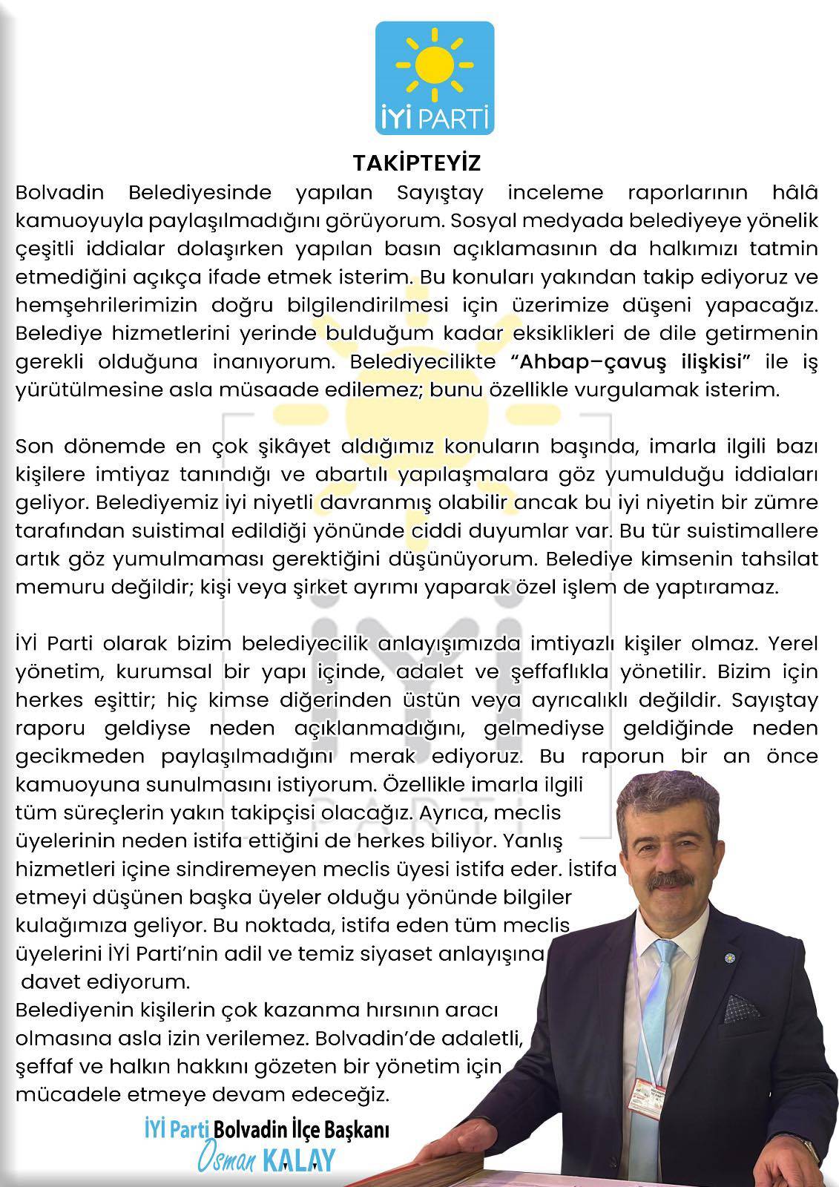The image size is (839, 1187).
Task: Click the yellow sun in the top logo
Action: tap(434, 67)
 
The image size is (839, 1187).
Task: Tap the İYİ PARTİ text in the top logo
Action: tap(434, 118)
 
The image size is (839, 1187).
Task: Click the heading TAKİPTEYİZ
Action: tap(418, 162)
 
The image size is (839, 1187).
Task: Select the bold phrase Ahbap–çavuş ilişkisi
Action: tap(632, 362)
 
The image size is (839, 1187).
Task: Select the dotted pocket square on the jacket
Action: tap(742, 1007)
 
